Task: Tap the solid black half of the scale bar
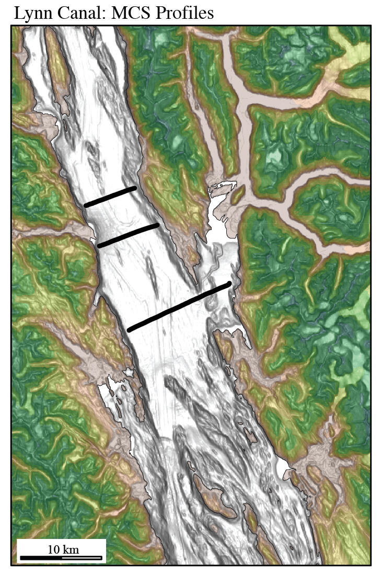pos(41,558)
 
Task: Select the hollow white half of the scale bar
pos(82,558)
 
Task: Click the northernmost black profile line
pos(110,196)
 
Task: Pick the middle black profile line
pos(128,235)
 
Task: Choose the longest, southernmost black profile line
pos(179,307)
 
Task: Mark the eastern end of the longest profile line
pos(228,284)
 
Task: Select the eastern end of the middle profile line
pos(157,225)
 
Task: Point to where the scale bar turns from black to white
pos(62,558)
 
